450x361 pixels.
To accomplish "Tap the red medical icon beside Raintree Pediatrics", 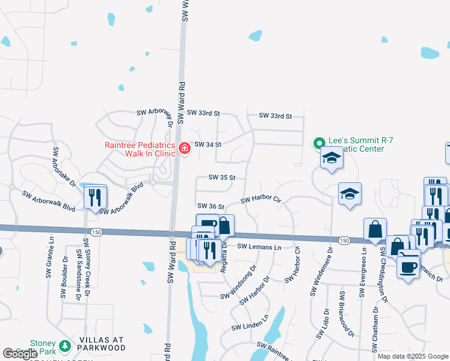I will pyautogui.click(x=184, y=148).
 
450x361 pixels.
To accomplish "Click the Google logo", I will pyautogui.click(x=20, y=354).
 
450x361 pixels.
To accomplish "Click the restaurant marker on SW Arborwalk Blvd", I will pyautogui.click(x=95, y=197).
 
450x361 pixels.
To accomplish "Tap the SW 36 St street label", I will pyautogui.click(x=211, y=206).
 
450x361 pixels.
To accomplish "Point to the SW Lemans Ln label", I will pyautogui.click(x=259, y=247).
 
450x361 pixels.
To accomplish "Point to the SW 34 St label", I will pyautogui.click(x=208, y=144).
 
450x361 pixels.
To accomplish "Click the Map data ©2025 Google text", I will pyautogui.click(x=412, y=356).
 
